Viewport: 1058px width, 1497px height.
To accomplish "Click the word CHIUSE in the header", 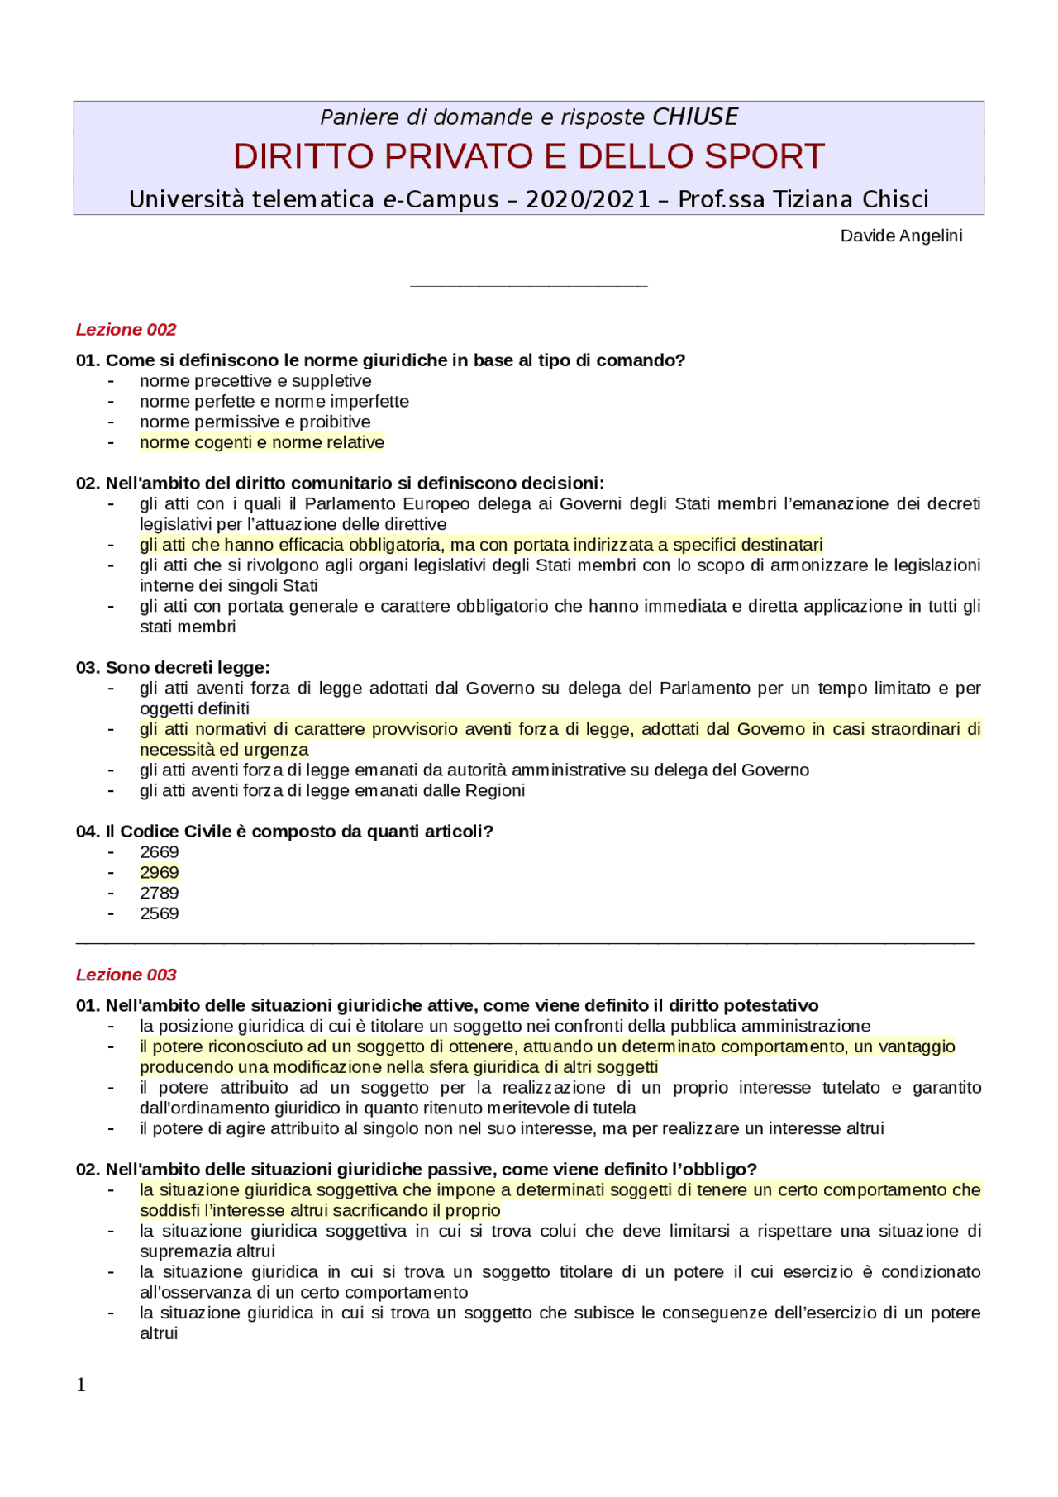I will click(x=694, y=117).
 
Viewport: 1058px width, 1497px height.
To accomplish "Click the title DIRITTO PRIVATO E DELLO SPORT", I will click(x=528, y=156).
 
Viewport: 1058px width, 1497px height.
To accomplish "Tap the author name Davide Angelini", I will click(x=901, y=236).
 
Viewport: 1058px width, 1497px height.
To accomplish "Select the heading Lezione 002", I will click(x=126, y=330).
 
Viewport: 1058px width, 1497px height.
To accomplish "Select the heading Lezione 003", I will click(x=126, y=975).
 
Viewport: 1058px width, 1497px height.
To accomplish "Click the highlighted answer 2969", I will click(x=159, y=873).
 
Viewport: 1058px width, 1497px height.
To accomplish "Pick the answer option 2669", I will click(x=159, y=852).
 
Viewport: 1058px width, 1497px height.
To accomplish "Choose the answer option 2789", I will click(x=159, y=894).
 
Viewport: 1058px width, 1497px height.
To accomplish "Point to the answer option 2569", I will click(x=159, y=913).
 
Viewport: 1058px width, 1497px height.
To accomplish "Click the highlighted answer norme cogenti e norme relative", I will click(x=262, y=442).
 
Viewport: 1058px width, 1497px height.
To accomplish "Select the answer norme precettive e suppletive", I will click(x=255, y=381).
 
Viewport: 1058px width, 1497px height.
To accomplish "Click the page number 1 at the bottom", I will click(x=81, y=1385).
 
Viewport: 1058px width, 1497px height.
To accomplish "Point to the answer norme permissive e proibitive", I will click(x=255, y=422).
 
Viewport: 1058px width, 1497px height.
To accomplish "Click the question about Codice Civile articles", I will click(x=284, y=832).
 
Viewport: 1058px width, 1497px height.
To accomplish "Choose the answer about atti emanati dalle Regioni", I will click(x=332, y=791).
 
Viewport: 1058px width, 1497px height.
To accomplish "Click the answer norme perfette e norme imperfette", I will click(x=274, y=402).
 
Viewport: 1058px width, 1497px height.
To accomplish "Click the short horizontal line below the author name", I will click(x=528, y=286).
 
